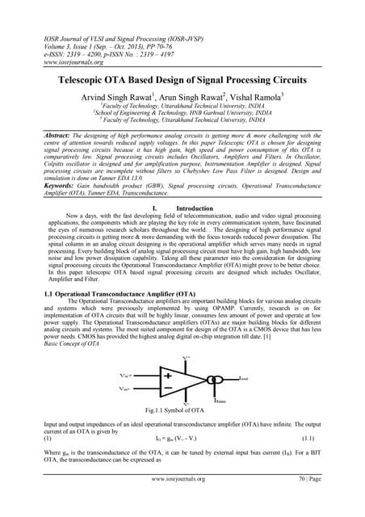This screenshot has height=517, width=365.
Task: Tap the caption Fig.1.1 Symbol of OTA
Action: click(x=182, y=410)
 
